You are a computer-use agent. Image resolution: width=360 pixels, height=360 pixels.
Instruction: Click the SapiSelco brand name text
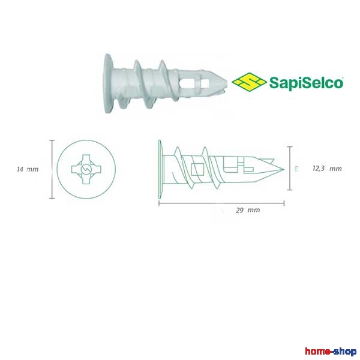click(306, 83)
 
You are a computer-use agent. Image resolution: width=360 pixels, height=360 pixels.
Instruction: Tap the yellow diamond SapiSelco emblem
click(249, 82)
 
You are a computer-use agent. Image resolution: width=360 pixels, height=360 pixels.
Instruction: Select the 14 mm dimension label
click(28, 169)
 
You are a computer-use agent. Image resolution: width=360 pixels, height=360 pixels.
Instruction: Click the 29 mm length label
click(248, 210)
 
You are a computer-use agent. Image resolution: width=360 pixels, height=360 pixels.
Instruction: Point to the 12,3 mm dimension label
click(327, 169)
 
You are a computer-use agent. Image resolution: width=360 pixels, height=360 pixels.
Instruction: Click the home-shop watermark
click(331, 351)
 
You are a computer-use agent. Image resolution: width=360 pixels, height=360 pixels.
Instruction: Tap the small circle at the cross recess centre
click(86, 169)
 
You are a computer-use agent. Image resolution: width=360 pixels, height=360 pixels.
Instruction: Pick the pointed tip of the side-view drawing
click(284, 169)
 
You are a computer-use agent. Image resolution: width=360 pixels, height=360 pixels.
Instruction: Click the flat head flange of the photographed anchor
click(108, 83)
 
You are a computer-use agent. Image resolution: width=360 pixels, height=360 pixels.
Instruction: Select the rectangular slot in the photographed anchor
click(194, 83)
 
